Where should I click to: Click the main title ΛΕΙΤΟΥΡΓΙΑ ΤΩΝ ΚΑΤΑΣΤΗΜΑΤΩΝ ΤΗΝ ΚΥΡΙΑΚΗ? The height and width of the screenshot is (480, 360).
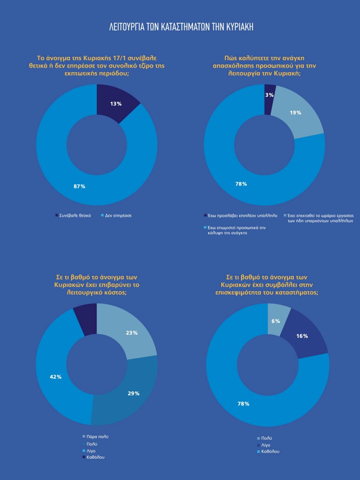tap(181, 27)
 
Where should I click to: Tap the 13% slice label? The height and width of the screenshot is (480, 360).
tap(116, 104)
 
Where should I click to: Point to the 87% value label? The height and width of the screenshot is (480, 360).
tap(79, 186)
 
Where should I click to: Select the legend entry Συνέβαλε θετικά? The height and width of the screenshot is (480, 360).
tap(73, 216)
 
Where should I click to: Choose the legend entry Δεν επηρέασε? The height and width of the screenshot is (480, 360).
tap(116, 216)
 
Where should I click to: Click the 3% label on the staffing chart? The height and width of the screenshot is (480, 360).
tap(269, 95)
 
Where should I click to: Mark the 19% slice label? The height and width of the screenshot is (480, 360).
tap(295, 112)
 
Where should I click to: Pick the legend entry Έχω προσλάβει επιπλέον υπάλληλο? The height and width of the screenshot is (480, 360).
tap(241, 216)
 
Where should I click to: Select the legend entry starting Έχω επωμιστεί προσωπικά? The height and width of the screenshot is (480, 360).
tap(235, 230)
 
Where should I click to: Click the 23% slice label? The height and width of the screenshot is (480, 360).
tap(131, 333)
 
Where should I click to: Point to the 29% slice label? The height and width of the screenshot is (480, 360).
tap(133, 393)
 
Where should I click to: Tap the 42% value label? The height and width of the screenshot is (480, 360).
tap(56, 377)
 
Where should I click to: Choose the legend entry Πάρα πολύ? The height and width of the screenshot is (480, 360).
tap(95, 437)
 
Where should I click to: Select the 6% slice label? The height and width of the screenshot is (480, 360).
tap(276, 321)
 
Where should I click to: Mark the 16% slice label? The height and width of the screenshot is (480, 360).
tap(302, 336)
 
